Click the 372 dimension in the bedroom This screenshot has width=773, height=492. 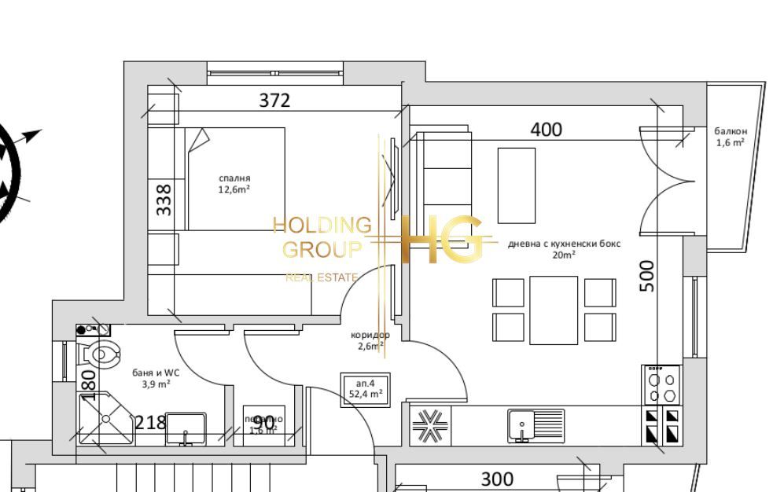tap(274, 101)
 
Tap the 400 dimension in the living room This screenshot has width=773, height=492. tap(546, 130)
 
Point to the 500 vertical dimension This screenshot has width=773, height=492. tap(646, 276)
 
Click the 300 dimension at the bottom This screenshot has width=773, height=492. tap(496, 478)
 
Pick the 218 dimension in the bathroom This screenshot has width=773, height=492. tap(150, 422)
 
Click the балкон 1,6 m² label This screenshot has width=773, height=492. tap(730, 137)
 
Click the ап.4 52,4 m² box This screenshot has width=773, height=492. tap(365, 389)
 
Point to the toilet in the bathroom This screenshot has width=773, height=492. tap(101, 354)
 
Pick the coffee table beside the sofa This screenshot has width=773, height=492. tap(516, 185)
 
